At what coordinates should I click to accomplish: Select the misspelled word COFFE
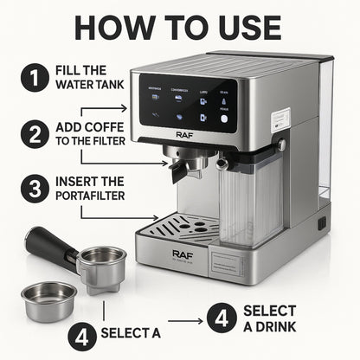[x=100, y=127]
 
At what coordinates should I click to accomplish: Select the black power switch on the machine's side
[x=321, y=222]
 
